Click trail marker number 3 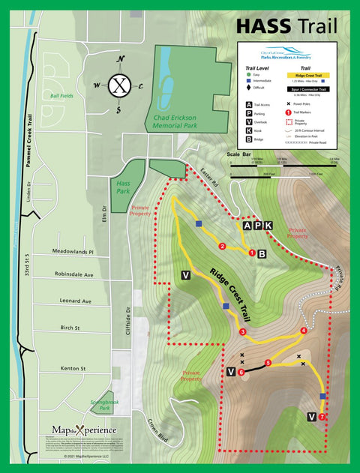coord(242,332)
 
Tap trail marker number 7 coord(322,417)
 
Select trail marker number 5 coord(268,364)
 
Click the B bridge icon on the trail coord(262,254)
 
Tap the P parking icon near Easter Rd coord(257,226)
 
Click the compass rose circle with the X coord(119,84)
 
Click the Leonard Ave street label coord(76,301)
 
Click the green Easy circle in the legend coord(248,75)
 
